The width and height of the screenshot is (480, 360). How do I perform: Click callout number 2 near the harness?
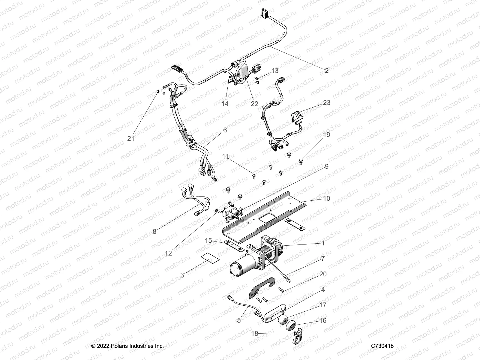click(327, 70)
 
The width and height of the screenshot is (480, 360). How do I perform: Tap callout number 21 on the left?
click(130, 139)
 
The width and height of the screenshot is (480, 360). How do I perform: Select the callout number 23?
click(326, 103)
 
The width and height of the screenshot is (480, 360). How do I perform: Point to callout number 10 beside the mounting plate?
click(326, 199)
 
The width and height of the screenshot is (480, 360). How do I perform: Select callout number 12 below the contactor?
click(168, 253)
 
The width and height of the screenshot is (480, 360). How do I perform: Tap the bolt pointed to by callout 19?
click(301, 162)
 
